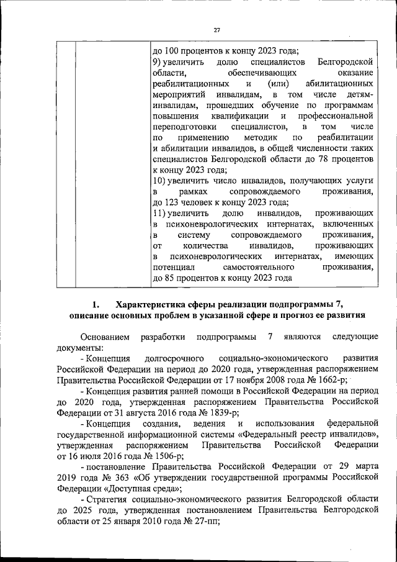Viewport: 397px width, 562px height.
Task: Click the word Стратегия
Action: [107, 498]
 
